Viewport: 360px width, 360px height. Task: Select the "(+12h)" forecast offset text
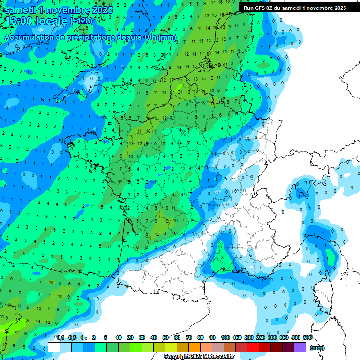(x=81, y=21)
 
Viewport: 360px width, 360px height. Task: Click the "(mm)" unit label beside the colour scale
(x=317, y=348)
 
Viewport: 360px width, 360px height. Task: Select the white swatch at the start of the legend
(x=54, y=347)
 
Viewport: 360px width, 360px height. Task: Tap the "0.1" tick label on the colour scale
(x=60, y=337)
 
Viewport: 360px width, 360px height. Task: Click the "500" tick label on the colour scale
(x=307, y=337)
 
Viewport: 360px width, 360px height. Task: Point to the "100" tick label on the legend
(x=225, y=337)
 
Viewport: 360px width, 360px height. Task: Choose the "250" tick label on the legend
(x=261, y=337)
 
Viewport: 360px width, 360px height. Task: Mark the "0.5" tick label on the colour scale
(x=72, y=337)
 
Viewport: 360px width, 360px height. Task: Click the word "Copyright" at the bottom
(x=177, y=357)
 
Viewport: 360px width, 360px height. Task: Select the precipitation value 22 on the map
(x=17, y=332)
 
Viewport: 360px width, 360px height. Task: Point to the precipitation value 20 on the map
(x=28, y=321)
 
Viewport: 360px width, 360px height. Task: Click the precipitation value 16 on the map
(x=60, y=296)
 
